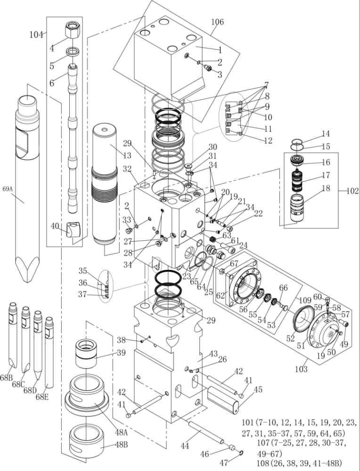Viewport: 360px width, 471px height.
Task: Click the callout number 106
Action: [x=217, y=22]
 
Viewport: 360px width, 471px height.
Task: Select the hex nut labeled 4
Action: [x=73, y=31]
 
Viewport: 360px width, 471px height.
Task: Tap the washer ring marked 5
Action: [x=73, y=50]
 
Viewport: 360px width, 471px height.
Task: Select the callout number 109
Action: [x=305, y=300]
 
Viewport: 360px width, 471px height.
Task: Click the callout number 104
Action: [x=36, y=35]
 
